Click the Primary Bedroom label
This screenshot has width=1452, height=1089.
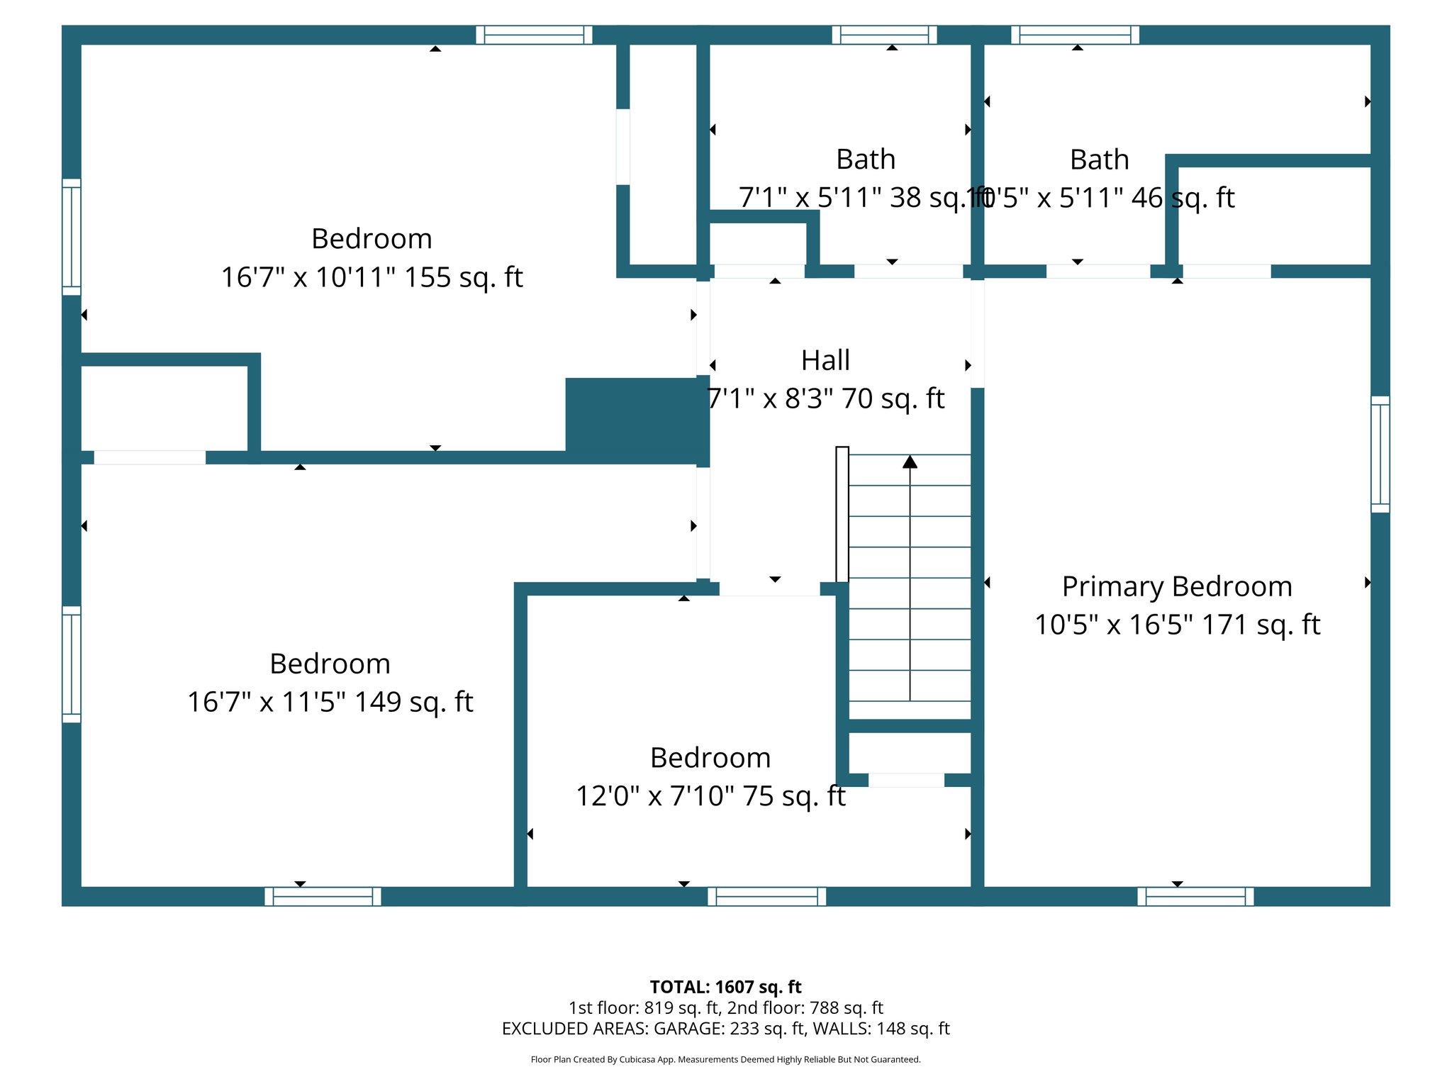1177,587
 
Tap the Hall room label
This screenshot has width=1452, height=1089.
825,361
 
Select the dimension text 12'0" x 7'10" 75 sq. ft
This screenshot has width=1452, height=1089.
710,796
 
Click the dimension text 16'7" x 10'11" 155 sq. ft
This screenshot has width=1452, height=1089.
372,277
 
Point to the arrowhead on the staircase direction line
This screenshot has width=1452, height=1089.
910,462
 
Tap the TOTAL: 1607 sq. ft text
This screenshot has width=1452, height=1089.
725,987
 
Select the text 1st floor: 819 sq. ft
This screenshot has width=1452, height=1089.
644,1007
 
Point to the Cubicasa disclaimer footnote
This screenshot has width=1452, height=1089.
725,1060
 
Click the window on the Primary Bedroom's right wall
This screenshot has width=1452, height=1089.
1380,454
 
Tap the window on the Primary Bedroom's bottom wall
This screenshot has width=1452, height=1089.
1195,897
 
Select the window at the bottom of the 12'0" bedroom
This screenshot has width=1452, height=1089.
766,897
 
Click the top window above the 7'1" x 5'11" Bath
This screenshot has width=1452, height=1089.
884,35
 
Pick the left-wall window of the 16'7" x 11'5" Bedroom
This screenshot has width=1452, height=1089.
72,664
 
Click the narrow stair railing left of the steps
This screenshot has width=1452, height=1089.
842,514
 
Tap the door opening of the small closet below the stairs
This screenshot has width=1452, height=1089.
906,780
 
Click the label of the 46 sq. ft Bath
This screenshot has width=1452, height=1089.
1099,160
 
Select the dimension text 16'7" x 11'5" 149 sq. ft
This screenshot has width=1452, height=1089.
330,702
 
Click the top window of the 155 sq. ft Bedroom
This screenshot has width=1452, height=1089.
534,35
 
